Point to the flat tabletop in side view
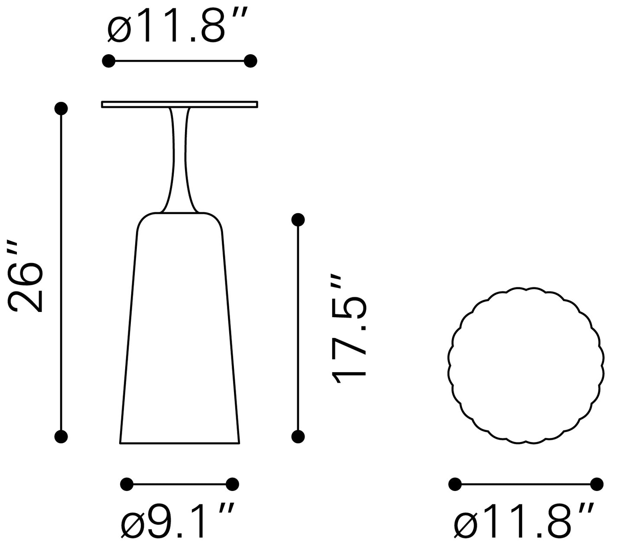pyautogui.click(x=180, y=104)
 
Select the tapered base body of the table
pyautogui.click(x=180, y=328)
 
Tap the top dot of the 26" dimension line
pyautogui.click(x=61, y=108)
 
